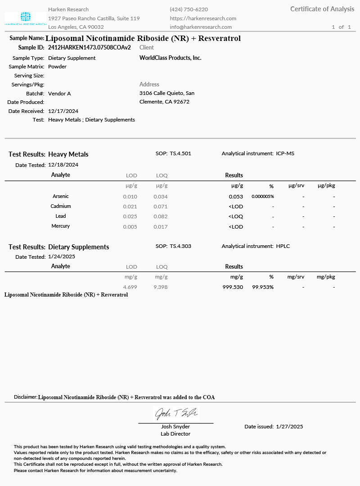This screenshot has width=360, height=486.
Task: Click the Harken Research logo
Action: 26,18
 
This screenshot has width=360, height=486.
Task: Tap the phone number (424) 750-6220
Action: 189,9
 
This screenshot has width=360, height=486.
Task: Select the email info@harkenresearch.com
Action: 201,27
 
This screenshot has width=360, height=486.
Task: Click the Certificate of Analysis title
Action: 322,9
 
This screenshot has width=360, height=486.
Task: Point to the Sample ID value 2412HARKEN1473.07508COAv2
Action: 90,47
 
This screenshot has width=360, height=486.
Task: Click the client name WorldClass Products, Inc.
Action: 171,58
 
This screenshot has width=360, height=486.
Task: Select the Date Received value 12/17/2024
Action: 63,111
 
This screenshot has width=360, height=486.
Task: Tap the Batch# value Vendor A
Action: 59,94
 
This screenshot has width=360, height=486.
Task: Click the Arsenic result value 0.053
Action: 236,197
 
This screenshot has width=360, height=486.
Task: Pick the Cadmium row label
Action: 61,207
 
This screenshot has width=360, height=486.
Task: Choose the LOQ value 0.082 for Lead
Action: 161,216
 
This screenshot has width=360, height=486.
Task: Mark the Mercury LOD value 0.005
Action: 130,227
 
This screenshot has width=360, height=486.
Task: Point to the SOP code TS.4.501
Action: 180,153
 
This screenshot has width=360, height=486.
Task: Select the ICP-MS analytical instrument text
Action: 285,153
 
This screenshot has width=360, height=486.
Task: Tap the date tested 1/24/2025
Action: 62,257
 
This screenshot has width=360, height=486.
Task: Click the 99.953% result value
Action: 263,287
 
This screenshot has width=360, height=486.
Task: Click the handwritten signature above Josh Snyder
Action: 176,413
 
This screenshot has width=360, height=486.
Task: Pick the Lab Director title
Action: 175,434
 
